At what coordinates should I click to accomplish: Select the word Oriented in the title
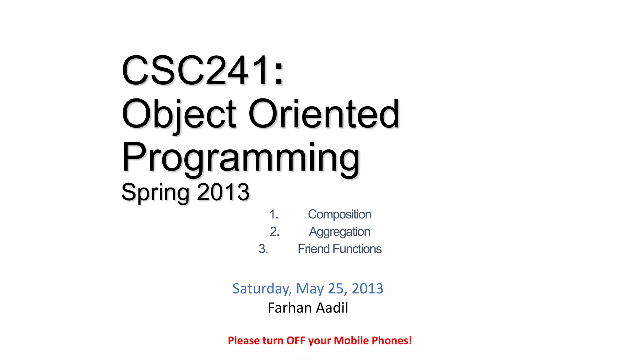324,114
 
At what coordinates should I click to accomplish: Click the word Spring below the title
155,192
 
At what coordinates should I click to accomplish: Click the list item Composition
339,215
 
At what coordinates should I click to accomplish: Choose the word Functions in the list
357,249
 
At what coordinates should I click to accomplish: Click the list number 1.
273,215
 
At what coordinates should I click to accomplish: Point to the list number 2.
274,232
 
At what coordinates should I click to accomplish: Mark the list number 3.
263,249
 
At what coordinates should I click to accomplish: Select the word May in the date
310,289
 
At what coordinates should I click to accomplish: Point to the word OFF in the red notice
296,341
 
